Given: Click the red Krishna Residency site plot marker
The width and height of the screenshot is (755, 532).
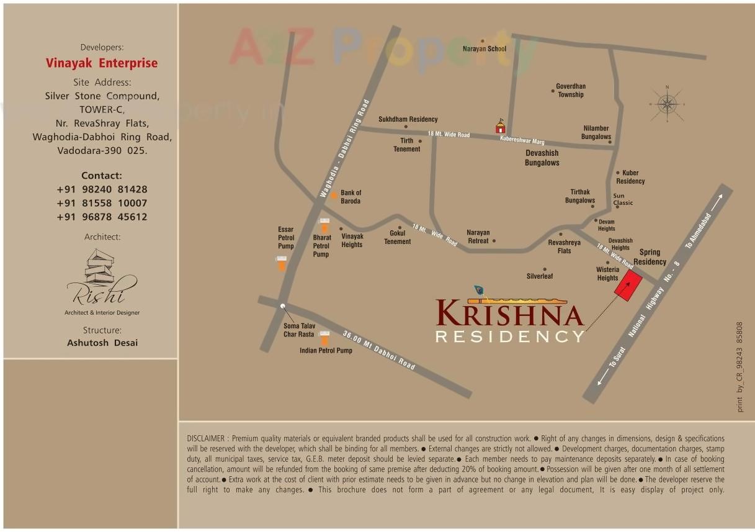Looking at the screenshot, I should click(x=628, y=286).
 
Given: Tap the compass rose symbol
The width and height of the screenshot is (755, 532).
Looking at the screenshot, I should click(x=667, y=104).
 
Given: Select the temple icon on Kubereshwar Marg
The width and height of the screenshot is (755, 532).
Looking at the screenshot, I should click(x=500, y=127).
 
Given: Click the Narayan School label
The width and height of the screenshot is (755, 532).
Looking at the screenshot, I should click(x=485, y=48).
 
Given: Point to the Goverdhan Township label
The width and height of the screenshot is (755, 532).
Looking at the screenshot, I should click(x=571, y=91).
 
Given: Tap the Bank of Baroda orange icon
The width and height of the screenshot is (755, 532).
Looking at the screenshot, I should click(x=334, y=195).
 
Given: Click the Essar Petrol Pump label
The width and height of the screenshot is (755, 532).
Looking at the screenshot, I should click(x=286, y=238).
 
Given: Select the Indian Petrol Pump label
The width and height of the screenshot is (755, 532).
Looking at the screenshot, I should click(x=326, y=351).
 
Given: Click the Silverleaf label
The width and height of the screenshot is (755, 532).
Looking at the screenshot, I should click(x=540, y=276).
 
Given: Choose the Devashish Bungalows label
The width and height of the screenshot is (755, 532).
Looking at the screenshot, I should click(x=542, y=158).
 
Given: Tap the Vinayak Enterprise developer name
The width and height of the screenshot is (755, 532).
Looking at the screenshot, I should click(x=102, y=63).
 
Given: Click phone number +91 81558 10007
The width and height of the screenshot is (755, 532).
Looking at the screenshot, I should click(x=102, y=203).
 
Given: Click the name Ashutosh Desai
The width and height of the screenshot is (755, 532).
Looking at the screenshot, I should click(x=102, y=343).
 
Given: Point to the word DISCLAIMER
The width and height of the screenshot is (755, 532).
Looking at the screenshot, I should click(x=206, y=438).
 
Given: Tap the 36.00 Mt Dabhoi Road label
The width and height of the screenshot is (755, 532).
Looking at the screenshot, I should click(x=379, y=351).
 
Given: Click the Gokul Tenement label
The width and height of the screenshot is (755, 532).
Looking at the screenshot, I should click(x=397, y=237).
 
